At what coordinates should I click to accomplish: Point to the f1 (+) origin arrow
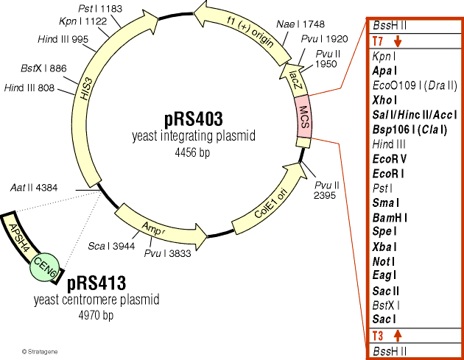click(246, 32)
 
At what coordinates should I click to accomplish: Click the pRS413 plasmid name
click(96, 283)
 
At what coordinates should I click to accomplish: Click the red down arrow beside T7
click(398, 40)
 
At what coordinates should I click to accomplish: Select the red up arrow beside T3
click(398, 336)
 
